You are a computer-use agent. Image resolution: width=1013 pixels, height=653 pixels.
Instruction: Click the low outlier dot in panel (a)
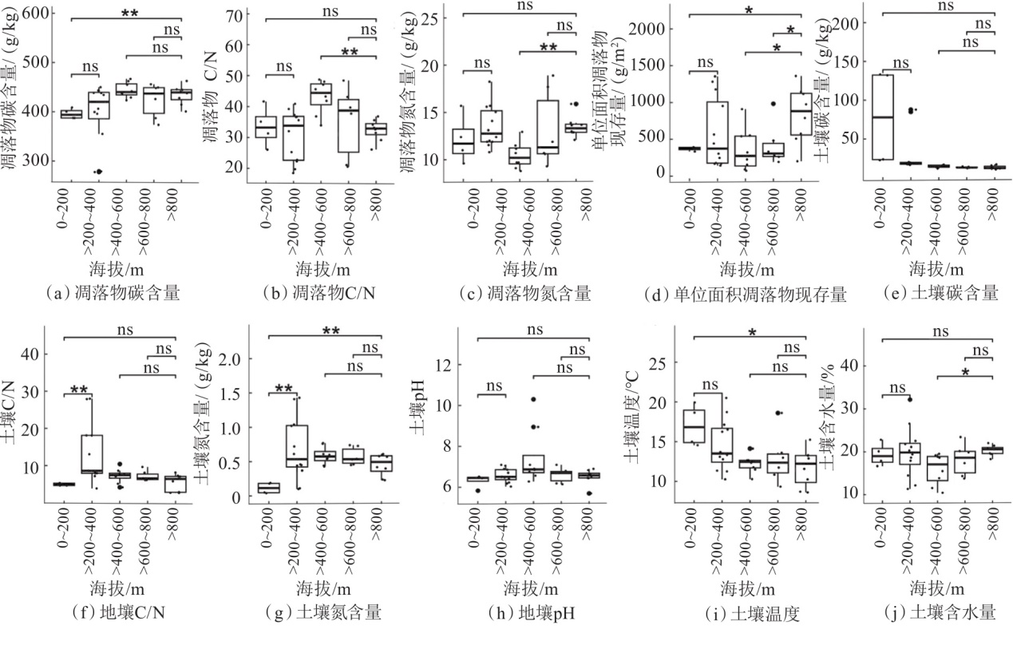click(x=98, y=171)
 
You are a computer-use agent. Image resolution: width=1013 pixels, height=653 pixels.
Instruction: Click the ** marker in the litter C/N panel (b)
click(x=350, y=53)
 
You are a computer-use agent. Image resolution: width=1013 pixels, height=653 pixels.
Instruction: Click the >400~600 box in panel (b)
click(x=321, y=93)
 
